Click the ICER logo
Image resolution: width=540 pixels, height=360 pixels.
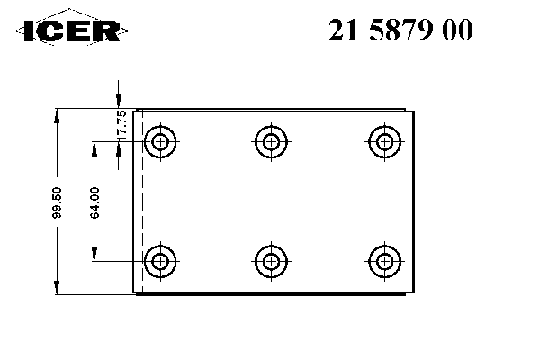[x=72, y=28]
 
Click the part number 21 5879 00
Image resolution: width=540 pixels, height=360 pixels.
[x=400, y=31]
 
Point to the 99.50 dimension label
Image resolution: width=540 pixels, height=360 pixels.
[x=57, y=202]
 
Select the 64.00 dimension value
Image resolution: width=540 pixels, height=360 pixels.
[x=94, y=202]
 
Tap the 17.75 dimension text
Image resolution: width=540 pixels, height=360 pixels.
[x=121, y=125]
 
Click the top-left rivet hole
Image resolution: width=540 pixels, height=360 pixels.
[x=160, y=141]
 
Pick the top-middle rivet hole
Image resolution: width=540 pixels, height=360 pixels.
[x=272, y=141]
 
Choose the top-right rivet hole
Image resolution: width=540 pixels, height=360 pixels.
[x=384, y=141]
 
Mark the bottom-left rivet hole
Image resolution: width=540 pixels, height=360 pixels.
[x=160, y=262]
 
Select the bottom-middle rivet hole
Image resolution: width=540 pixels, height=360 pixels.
[x=272, y=262]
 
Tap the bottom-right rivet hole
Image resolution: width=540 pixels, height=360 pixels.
[x=384, y=262]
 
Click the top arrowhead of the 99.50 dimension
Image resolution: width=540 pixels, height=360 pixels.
[x=57, y=115]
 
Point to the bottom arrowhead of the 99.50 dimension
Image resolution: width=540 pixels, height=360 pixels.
[x=57, y=288]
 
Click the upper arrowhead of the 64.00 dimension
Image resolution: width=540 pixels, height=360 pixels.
[x=94, y=148]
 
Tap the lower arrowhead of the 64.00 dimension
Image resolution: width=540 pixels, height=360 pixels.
[x=94, y=254]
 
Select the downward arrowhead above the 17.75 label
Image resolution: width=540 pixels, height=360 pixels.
[x=119, y=101]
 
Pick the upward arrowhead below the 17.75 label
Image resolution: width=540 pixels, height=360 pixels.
[x=119, y=148]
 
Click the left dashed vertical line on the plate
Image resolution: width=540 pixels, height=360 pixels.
[x=142, y=202]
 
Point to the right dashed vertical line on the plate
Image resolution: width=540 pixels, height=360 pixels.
[x=400, y=202]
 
